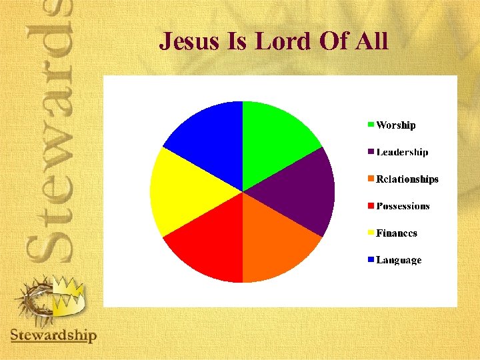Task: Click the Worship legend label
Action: click(x=396, y=125)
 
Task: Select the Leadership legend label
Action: click(x=403, y=152)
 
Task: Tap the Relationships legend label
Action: click(x=407, y=179)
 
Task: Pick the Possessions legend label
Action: click(x=403, y=206)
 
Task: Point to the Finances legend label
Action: click(x=397, y=233)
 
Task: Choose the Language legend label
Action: click(x=399, y=260)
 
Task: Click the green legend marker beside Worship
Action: click(x=371, y=125)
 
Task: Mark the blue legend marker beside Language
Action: click(x=371, y=260)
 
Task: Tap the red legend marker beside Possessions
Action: click(x=371, y=206)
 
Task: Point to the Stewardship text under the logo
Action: click(x=53, y=335)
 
